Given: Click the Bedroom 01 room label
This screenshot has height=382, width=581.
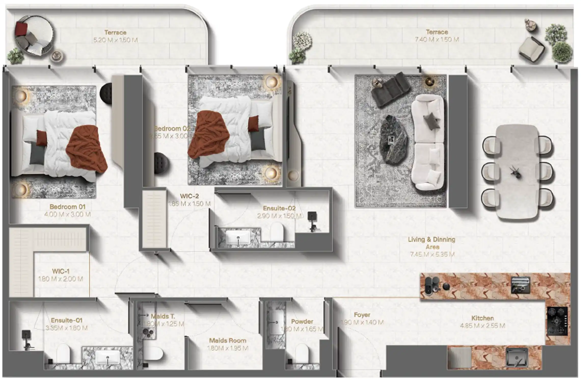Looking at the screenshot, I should pos(67,207).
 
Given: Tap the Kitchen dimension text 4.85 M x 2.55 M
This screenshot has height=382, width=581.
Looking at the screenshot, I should pos(482,326).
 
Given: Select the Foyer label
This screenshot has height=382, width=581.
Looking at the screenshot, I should pos(362,315).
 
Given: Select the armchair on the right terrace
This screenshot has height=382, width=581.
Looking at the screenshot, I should pos(532,48).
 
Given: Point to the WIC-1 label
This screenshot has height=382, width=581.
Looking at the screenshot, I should pos(61,271).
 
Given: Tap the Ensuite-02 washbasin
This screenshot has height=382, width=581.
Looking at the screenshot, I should pos(238,237).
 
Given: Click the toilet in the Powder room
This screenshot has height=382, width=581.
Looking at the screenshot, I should pos(302,352).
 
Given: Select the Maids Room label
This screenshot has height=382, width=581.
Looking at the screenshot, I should pos(227,341).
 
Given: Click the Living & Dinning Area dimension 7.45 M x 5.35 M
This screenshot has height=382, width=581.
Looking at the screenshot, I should pos(432,254).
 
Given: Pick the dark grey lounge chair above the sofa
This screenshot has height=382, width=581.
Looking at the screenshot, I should pos(390,89).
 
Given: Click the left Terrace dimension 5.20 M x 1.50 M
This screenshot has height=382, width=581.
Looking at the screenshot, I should pos(115,40).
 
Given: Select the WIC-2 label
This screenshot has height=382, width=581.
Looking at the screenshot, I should pos(189,196).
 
